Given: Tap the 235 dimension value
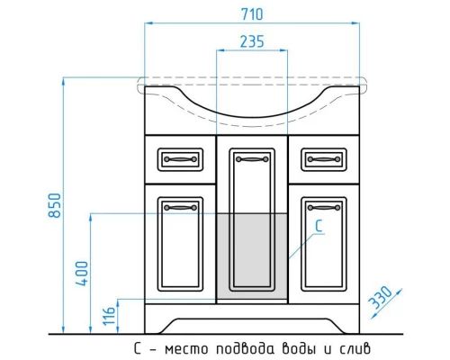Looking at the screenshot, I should tap(252, 41).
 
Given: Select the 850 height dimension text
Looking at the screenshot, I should tap(57, 209).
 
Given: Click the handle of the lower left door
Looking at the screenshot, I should tap(180, 208).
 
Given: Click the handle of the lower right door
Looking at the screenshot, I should tap(323, 208).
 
